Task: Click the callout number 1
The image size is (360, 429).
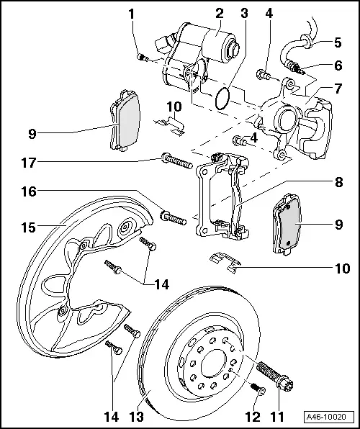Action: tap(131, 14)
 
